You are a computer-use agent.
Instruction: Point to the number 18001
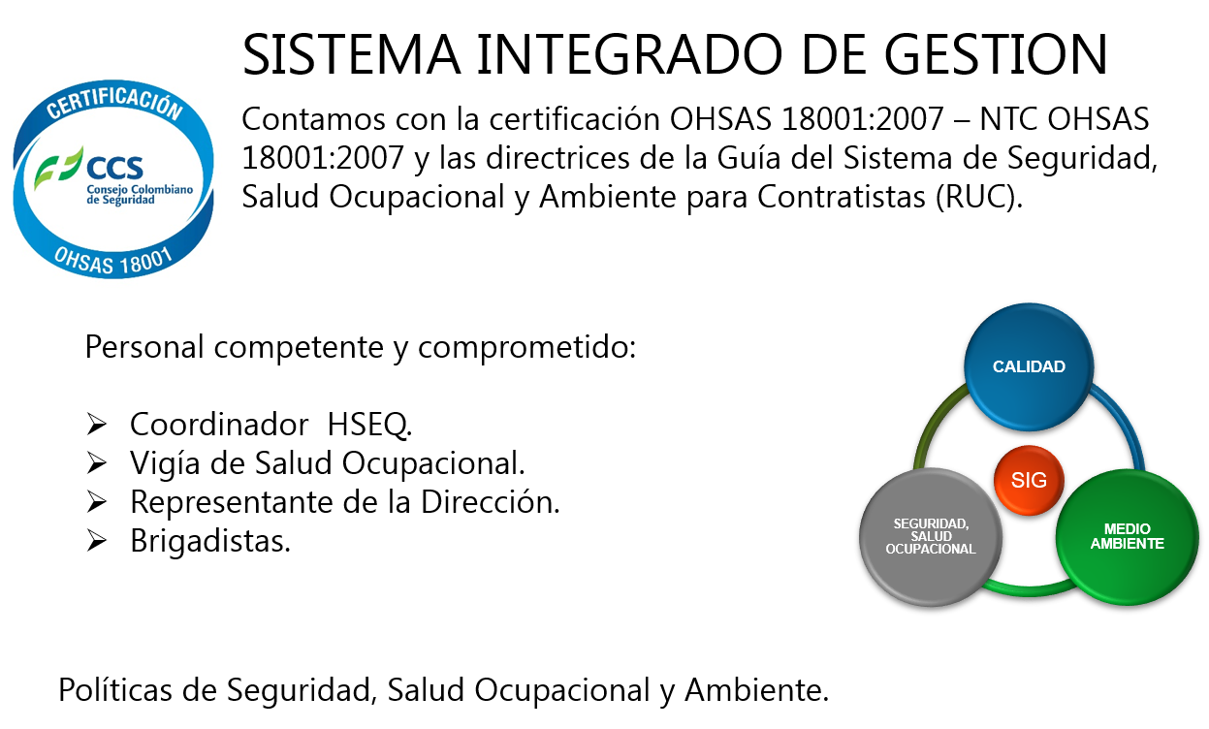click(x=145, y=260)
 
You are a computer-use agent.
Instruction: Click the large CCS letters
click(x=113, y=167)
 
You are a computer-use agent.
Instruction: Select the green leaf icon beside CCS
click(x=58, y=169)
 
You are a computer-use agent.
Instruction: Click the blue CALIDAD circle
click(x=1029, y=366)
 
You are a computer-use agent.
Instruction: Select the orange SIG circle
click(x=1029, y=480)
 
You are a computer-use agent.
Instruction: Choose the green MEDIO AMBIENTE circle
click(x=1127, y=536)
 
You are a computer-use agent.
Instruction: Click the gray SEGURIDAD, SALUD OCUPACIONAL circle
click(x=931, y=536)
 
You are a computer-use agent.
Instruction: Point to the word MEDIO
click(x=1127, y=529)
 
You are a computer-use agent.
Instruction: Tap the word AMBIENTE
click(x=1127, y=544)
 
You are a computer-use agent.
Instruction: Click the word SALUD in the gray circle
click(x=931, y=536)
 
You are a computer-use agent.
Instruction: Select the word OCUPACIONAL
click(x=931, y=549)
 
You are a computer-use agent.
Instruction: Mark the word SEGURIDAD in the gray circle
click(x=931, y=524)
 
